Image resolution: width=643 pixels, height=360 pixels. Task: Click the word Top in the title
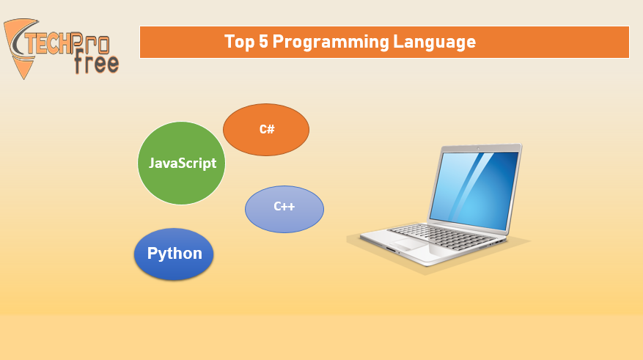pos(239,42)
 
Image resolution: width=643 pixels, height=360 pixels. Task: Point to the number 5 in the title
pos(263,41)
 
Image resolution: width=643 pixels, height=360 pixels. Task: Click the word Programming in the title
pos(331,43)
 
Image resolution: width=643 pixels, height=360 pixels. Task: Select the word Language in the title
pos(435,43)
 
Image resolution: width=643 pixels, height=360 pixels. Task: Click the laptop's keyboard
pos(442,237)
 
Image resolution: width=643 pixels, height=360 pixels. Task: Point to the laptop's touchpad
pos(408,244)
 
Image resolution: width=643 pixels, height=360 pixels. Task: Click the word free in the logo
pos(97,62)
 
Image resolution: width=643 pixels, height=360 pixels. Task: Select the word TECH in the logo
pos(48,43)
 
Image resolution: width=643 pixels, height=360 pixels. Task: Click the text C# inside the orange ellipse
pos(267,129)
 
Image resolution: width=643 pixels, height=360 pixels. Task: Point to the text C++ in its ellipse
pos(284,206)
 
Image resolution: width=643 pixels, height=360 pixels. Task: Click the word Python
pos(174,254)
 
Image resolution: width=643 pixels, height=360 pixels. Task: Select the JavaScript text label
pos(183,164)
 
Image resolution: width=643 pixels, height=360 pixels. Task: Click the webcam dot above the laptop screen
pos(478,148)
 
